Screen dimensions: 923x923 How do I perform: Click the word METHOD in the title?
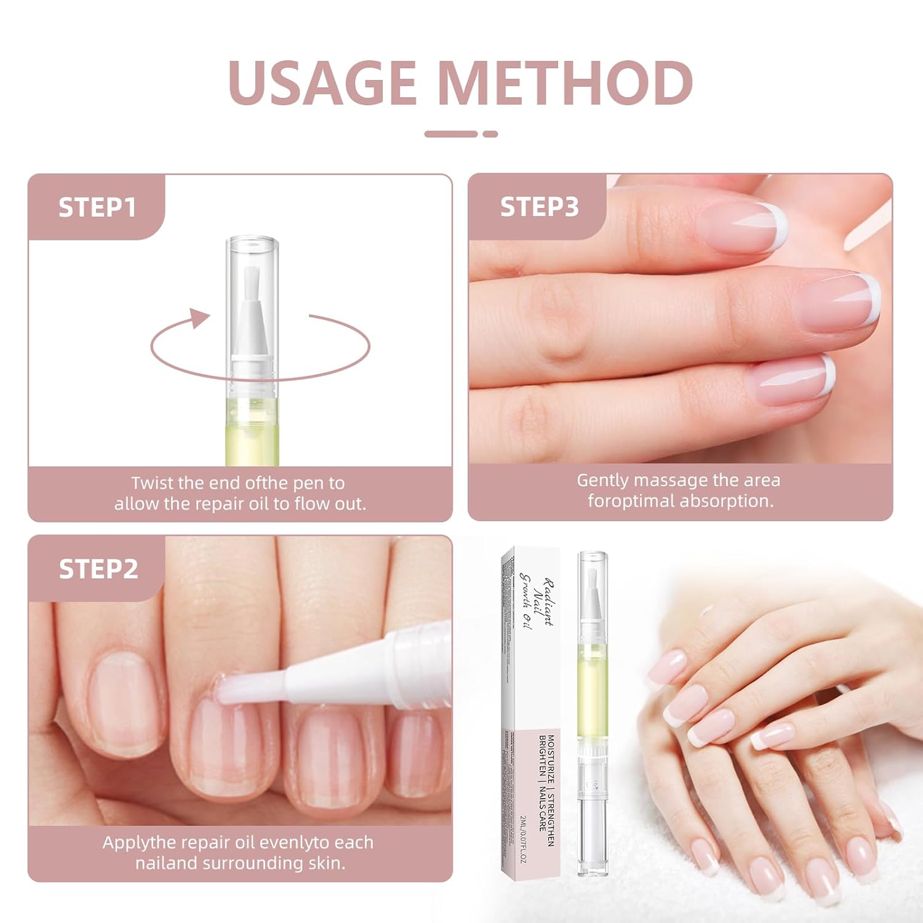[x=566, y=82]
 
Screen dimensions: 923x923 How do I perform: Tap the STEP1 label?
[x=97, y=207]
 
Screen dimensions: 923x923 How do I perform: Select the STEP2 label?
[x=98, y=569]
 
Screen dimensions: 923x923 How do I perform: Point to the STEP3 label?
[x=539, y=207]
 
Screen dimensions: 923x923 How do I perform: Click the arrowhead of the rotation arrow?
[x=198, y=318]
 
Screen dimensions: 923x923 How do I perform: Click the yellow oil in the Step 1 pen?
[x=252, y=431]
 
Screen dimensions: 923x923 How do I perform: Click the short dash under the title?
[x=490, y=134]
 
